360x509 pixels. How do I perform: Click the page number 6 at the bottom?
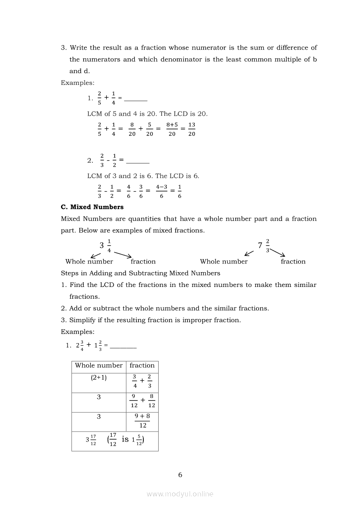(x=180, y=475)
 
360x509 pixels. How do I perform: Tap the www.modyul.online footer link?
(x=180, y=494)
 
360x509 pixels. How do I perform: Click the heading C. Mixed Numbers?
(x=92, y=207)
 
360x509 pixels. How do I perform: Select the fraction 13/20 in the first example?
(x=191, y=129)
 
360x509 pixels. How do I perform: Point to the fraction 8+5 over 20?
(x=172, y=129)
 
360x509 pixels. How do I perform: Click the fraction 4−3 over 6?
(x=162, y=192)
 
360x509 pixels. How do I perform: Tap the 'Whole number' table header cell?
(x=98, y=366)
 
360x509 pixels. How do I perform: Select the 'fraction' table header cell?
(x=142, y=366)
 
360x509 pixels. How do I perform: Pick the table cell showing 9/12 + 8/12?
(x=143, y=401)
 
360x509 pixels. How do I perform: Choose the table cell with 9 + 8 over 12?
(x=143, y=421)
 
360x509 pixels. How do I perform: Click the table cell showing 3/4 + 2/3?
(x=142, y=381)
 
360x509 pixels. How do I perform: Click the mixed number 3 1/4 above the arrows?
(x=105, y=245)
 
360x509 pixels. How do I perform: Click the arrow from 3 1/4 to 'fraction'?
(x=122, y=255)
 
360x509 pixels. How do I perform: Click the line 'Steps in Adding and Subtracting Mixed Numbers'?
(x=140, y=273)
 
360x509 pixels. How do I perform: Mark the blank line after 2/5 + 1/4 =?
(x=136, y=100)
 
